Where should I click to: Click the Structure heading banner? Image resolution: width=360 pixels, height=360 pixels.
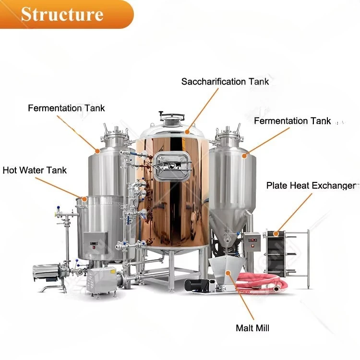point(67,14)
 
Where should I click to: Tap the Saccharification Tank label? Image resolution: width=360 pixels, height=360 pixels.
point(225,82)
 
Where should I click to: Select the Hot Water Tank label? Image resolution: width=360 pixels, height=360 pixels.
point(35,170)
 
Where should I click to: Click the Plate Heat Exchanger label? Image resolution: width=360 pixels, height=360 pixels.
point(312,185)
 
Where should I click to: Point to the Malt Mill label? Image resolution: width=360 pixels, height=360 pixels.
point(252,328)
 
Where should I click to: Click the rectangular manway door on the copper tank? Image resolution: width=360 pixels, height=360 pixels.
point(172,167)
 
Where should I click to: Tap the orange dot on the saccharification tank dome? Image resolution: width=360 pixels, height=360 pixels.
point(187,132)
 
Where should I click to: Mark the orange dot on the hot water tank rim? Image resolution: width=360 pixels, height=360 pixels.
point(84,199)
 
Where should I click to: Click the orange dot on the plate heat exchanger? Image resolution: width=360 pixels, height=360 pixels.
point(276,234)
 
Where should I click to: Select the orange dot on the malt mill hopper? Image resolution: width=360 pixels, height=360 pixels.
point(228,273)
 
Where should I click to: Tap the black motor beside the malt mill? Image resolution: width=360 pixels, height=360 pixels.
point(197,286)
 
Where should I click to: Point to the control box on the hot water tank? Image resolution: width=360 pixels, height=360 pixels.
point(96,243)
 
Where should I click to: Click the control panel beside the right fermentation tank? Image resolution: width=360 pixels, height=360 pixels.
point(252,242)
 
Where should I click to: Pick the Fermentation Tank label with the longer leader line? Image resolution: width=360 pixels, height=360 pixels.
point(66,108)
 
